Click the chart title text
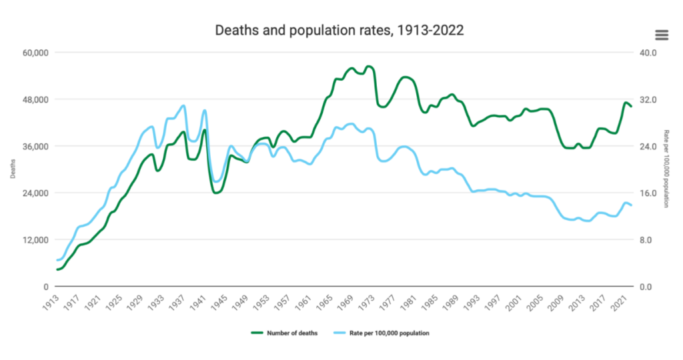coord(339,31)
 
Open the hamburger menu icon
coord(662,35)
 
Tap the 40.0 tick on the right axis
coord(649,53)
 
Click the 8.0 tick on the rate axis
coord(647,240)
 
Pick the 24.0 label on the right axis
coord(649,147)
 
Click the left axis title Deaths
coord(14,169)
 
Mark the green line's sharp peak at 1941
coord(204,130)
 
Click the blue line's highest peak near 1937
coord(183,105)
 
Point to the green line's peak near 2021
coord(626,103)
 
